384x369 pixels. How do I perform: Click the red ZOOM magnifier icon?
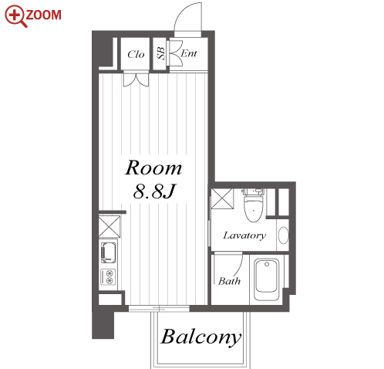click(x=15, y=16)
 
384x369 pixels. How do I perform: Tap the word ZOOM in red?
click(x=44, y=15)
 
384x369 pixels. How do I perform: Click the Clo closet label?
click(x=136, y=54)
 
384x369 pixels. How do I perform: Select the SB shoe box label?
click(x=160, y=53)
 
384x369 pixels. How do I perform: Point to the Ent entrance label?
click(x=189, y=53)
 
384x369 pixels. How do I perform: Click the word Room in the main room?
click(x=153, y=168)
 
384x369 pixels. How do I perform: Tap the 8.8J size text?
click(x=154, y=191)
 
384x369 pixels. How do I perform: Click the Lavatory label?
click(x=244, y=235)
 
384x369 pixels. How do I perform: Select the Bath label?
click(x=229, y=281)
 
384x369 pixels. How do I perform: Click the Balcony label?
click(x=201, y=337)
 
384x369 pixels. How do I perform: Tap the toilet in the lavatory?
click(x=254, y=205)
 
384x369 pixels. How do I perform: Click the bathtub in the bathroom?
click(x=267, y=279)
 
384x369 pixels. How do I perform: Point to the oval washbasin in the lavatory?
click(x=284, y=235)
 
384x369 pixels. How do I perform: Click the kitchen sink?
click(x=109, y=252)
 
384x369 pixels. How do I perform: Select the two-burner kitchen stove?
click(x=109, y=276)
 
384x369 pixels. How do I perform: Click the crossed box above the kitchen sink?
click(x=109, y=226)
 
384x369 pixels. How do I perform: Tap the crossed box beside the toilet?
click(x=222, y=198)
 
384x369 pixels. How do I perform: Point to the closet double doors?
click(x=136, y=80)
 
